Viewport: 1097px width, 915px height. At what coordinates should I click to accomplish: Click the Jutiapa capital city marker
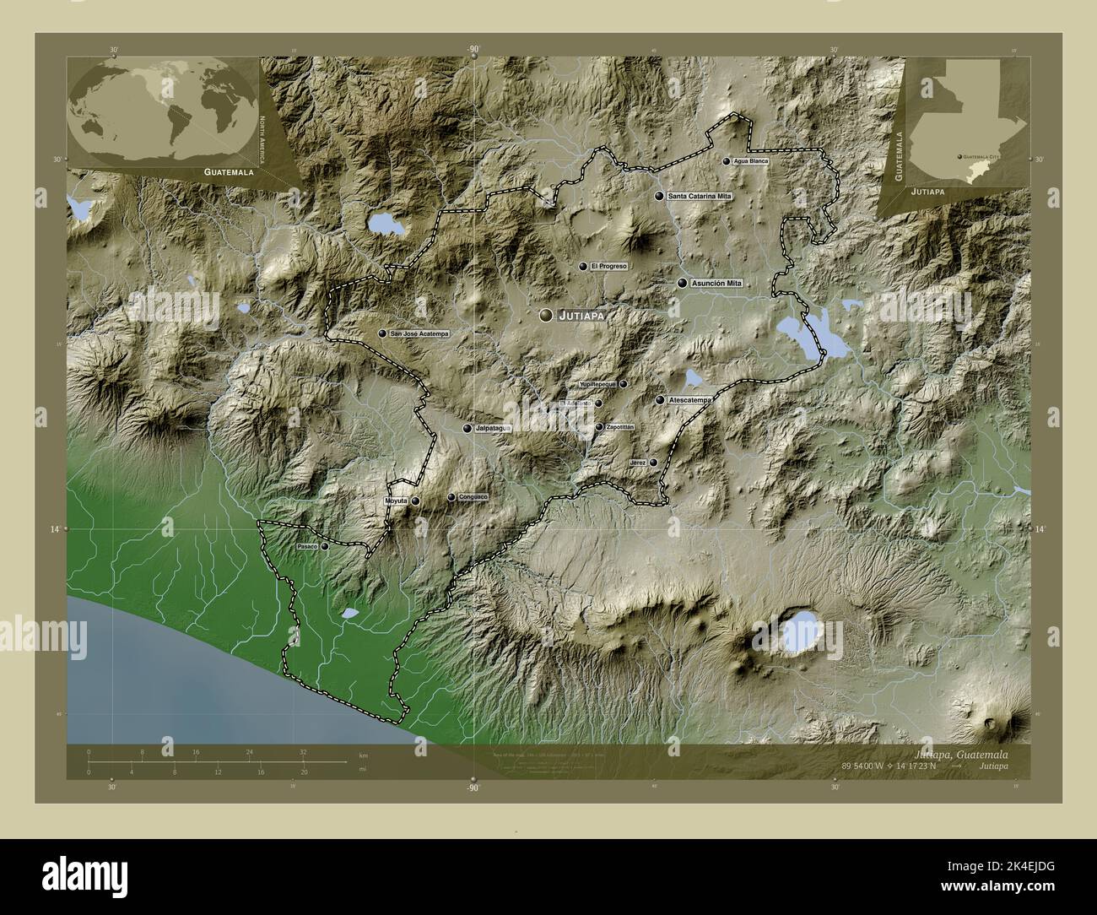point(547,315)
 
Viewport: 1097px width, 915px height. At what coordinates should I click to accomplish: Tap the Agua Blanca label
point(751,160)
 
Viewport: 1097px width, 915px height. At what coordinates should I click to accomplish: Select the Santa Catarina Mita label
point(700,196)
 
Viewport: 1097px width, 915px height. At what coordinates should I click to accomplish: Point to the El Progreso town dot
point(582,266)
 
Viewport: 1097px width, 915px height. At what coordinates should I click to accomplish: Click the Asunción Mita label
point(716,283)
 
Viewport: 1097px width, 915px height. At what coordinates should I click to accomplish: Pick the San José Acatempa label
point(419,334)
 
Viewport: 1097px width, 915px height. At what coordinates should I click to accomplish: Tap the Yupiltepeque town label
point(598,384)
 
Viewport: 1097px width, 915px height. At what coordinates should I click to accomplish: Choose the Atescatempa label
point(689,399)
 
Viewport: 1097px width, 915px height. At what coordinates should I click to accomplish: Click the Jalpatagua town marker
point(467,429)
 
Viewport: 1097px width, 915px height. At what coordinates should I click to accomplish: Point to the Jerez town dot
point(653,463)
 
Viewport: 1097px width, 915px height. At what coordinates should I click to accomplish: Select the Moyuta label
point(396,501)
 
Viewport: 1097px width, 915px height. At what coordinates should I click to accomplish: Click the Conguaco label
point(473,497)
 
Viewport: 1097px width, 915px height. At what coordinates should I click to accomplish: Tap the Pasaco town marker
point(324,546)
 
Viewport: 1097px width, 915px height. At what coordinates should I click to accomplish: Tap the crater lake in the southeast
point(798,633)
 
